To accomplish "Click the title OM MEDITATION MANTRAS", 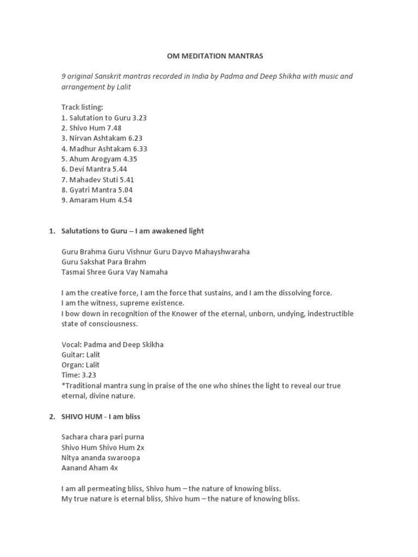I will tap(208, 55).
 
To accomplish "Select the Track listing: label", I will tap(82, 107).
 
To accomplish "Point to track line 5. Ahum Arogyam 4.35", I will tap(99, 159).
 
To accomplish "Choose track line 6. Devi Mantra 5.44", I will tap(94, 169).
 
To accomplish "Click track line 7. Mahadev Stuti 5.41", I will tap(97, 180).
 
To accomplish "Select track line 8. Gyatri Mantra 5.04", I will tap(97, 190).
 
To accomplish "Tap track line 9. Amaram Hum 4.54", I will tap(97, 200).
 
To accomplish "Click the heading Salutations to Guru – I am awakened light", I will tap(133, 231).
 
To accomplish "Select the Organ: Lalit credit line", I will tap(81, 365).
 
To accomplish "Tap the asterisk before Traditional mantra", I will tap(63, 385).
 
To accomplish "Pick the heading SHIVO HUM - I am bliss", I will tap(102, 417).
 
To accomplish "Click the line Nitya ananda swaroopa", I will tap(101, 458).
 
